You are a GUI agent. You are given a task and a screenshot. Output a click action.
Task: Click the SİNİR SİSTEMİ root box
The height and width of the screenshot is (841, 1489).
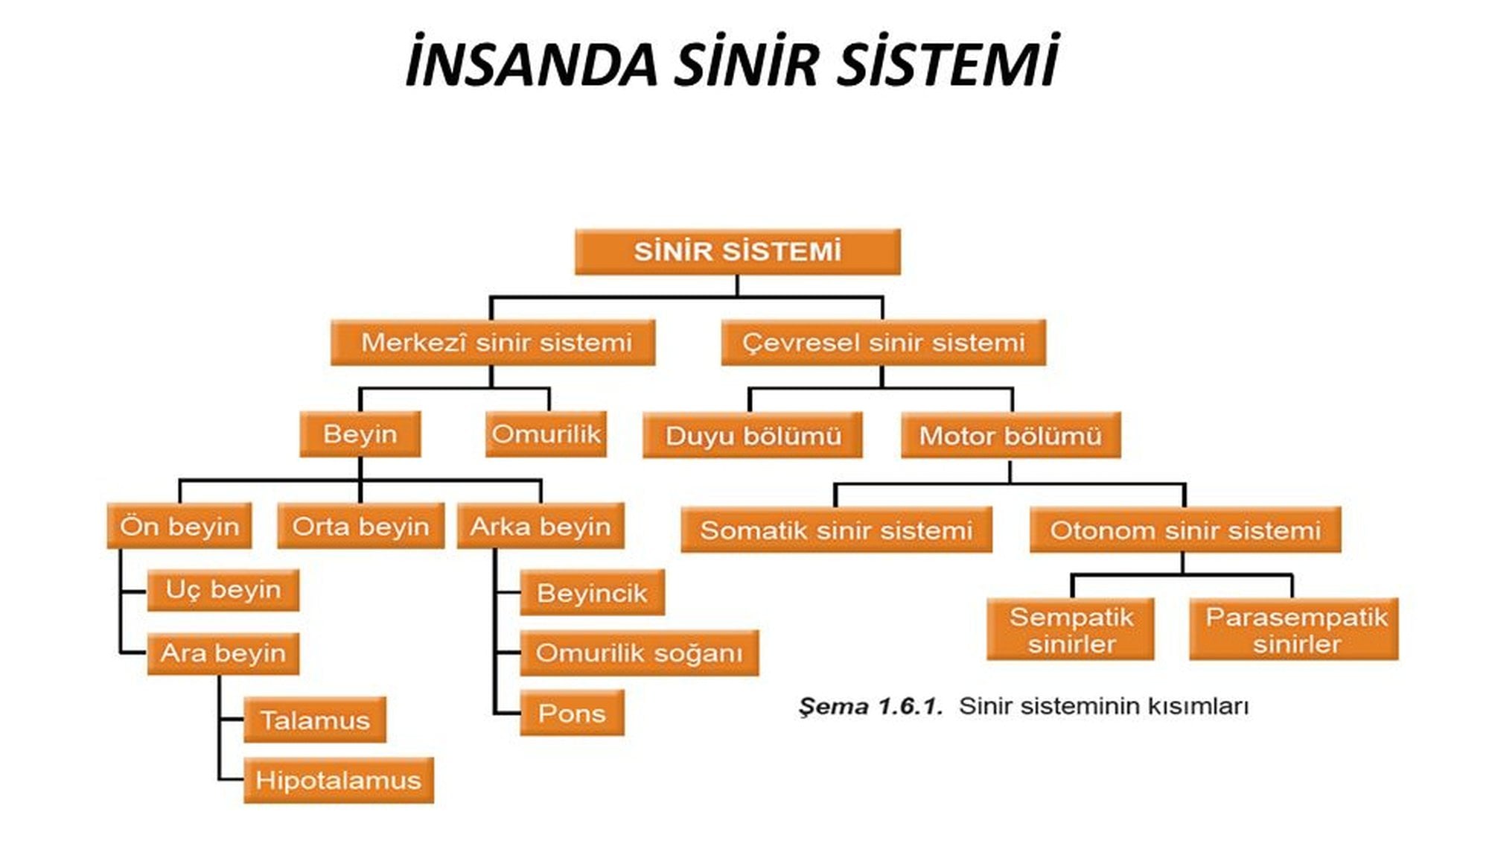tap(737, 252)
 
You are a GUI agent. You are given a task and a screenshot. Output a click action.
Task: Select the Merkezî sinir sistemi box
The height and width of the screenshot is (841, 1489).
tap(493, 343)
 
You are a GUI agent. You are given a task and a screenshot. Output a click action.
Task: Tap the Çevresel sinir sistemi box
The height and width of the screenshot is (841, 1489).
tap(883, 343)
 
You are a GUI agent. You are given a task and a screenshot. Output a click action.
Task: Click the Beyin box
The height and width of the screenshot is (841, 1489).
tap(360, 434)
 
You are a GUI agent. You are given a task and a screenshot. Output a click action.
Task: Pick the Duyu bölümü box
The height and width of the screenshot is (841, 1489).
tap(752, 435)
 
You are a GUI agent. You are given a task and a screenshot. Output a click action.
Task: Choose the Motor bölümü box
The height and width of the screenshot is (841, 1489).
tap(1010, 435)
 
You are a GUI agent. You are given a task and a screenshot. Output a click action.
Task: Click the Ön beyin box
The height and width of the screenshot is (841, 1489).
tap(179, 527)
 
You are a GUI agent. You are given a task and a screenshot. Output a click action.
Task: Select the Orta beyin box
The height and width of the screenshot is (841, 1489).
tap(360, 527)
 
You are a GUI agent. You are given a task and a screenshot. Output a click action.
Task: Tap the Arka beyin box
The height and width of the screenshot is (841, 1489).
tap(541, 527)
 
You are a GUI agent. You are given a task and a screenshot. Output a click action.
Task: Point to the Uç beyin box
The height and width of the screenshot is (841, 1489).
tap(223, 590)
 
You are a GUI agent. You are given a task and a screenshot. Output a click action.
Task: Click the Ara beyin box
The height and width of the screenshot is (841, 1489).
tap(223, 653)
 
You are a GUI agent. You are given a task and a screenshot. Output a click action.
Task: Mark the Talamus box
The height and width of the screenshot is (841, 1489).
tap(315, 720)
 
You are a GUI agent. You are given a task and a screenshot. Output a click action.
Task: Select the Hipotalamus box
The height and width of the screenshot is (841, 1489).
tap(338, 780)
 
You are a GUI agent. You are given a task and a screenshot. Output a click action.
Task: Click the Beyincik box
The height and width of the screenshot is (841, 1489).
tap(592, 593)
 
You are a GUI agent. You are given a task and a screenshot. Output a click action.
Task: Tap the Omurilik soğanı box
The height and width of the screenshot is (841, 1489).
tap(639, 653)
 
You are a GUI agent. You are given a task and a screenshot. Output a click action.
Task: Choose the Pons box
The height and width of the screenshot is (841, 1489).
tap(572, 713)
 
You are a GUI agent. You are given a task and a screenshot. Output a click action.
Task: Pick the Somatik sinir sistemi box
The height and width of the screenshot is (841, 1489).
tap(836, 530)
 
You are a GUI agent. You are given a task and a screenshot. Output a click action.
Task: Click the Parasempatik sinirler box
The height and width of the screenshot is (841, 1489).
tap(1294, 629)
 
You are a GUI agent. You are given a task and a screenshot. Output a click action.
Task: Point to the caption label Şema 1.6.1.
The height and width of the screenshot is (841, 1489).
tap(870, 705)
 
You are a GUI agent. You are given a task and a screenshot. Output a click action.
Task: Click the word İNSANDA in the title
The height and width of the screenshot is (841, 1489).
tap(531, 63)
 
